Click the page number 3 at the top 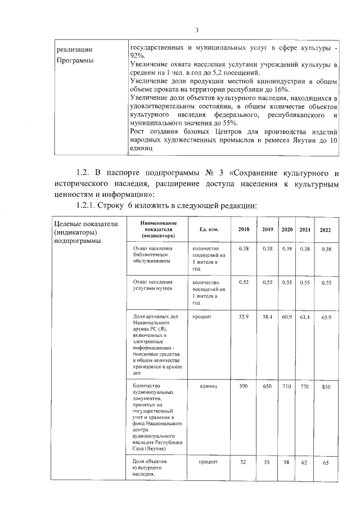(x=197, y=30)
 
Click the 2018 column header (x=244, y=229)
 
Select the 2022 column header (x=326, y=230)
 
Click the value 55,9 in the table (x=244, y=317)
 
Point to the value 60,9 (x=287, y=317)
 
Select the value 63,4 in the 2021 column (x=305, y=318)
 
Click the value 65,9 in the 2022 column (x=326, y=318)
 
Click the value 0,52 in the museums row (x=244, y=282)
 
